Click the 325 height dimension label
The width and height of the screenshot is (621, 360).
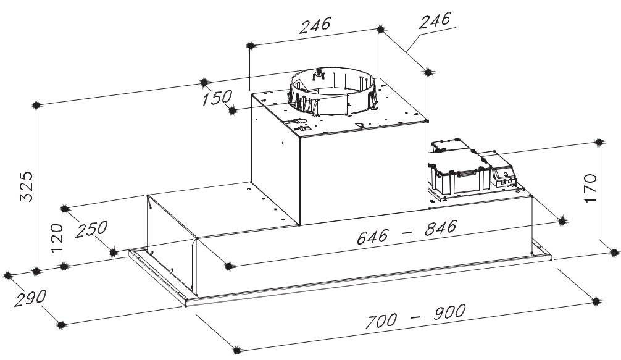(27, 186)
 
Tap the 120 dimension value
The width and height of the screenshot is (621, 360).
(57, 238)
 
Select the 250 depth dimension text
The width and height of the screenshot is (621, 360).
(91, 229)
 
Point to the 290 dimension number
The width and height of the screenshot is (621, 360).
(30, 298)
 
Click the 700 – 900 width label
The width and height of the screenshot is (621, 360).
(415, 316)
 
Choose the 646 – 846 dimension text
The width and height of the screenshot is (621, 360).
(407, 232)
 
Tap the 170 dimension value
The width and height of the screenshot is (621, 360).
(591, 188)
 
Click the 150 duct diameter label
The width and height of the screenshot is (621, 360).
(217, 98)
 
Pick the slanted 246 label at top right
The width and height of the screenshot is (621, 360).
(435, 20)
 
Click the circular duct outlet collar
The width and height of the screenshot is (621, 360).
(332, 92)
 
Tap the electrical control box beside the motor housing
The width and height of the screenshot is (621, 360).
(470, 169)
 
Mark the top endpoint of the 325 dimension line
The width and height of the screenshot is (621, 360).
(36, 106)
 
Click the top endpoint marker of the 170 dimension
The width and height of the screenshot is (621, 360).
(599, 142)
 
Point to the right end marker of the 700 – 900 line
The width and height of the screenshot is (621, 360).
(596, 302)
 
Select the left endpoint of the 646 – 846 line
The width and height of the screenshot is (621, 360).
(228, 266)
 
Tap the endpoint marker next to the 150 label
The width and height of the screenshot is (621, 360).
(233, 111)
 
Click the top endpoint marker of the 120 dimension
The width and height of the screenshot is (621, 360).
(65, 209)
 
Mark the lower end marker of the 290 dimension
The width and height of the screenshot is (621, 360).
(60, 325)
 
